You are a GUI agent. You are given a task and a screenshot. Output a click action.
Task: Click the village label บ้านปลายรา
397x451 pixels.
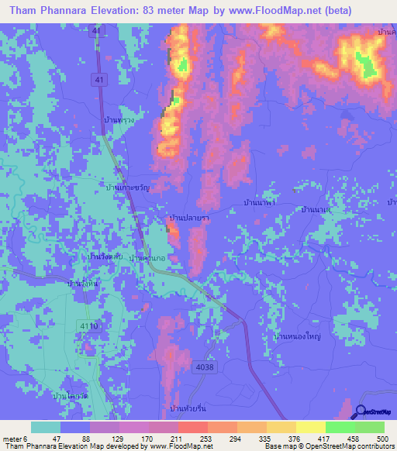(190, 219)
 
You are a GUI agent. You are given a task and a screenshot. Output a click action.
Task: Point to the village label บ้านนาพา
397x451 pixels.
(260, 202)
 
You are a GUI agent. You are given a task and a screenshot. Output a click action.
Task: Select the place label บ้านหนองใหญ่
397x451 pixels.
(297, 336)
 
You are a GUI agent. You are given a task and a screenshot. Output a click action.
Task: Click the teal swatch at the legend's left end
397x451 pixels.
(46, 427)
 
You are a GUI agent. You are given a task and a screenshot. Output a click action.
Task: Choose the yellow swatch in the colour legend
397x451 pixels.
(311, 427)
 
